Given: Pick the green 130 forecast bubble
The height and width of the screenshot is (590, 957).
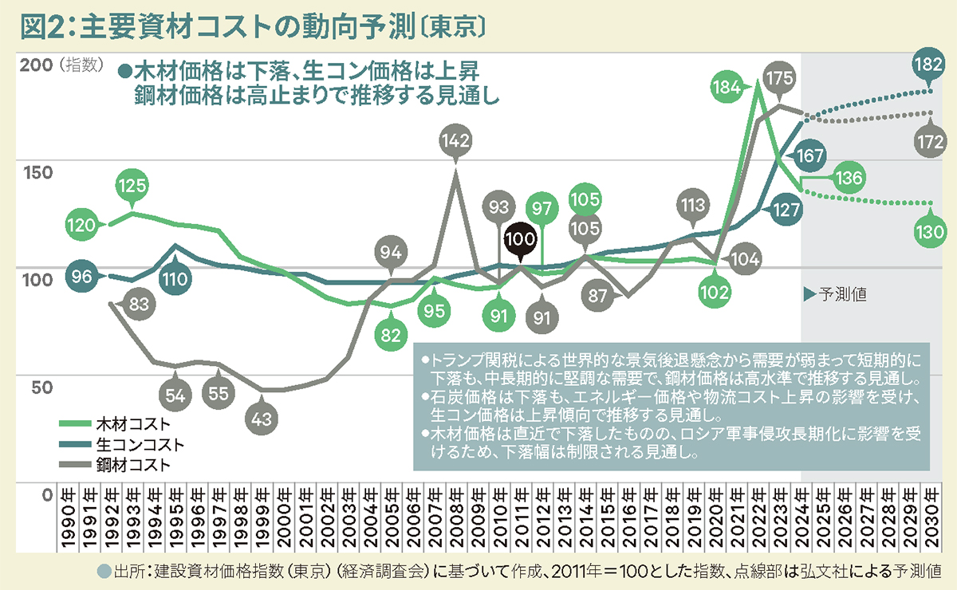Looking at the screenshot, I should click(x=927, y=233).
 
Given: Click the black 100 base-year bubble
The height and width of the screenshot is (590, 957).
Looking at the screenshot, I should click(x=520, y=238).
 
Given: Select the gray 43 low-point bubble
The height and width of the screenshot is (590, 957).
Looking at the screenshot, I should click(x=262, y=418).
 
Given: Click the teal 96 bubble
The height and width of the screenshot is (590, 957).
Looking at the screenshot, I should click(x=82, y=277).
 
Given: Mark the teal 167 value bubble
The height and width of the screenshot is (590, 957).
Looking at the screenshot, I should click(x=809, y=155).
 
